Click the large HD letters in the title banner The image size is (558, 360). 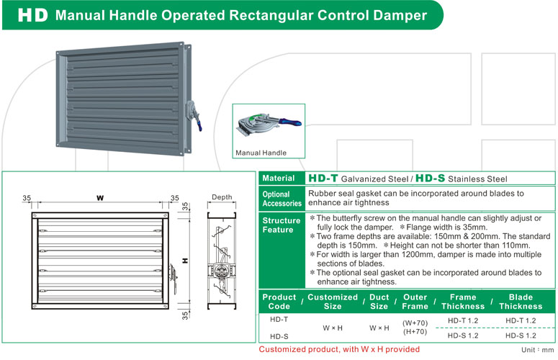click(32, 15)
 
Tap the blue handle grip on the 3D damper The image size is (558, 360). click(199, 125)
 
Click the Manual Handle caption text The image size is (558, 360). click(261, 153)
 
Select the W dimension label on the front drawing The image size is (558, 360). click(100, 198)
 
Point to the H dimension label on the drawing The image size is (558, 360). click(185, 261)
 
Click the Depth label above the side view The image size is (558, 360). click(222, 197)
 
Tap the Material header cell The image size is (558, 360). click(282, 179)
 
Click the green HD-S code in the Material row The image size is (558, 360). click(430, 179)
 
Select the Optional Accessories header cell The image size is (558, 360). click(282, 199)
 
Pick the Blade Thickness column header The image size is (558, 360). click(521, 302)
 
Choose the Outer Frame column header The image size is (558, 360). click(415, 302)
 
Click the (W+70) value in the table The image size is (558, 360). click(415, 323)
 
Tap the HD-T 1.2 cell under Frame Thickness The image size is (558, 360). click(463, 320)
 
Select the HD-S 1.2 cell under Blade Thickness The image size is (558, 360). click(521, 336)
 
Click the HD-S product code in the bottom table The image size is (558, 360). click(279, 336)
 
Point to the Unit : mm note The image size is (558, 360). click(537, 350)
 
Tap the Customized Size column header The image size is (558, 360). click(333, 302)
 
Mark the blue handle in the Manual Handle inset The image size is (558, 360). click(290, 122)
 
